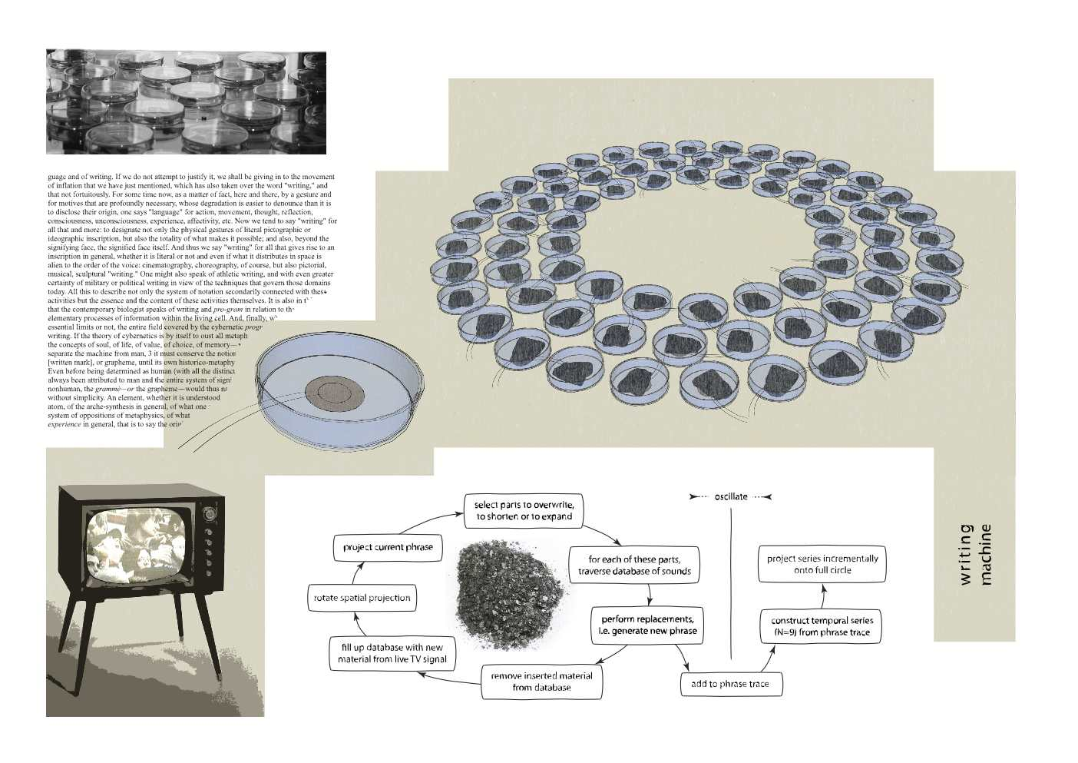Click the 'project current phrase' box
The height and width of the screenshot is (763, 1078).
[388, 547]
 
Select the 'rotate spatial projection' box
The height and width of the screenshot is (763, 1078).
[362, 598]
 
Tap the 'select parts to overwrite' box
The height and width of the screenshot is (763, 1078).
[524, 511]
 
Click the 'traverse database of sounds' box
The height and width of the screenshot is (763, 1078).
[634, 565]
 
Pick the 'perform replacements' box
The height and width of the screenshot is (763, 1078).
[647, 625]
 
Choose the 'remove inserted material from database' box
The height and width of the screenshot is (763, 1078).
[541, 682]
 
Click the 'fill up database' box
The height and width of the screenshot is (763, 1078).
[392, 653]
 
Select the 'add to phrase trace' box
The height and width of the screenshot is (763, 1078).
[730, 684]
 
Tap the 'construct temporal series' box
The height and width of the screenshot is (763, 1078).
[822, 626]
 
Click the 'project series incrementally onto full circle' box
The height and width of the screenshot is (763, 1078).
[822, 564]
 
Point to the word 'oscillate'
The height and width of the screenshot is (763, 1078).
[731, 497]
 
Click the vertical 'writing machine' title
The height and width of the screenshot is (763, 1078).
[975, 555]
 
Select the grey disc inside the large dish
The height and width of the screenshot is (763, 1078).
[334, 394]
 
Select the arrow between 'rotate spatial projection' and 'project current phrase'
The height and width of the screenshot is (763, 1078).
[360, 572]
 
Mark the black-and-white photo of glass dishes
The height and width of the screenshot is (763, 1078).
[186, 102]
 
